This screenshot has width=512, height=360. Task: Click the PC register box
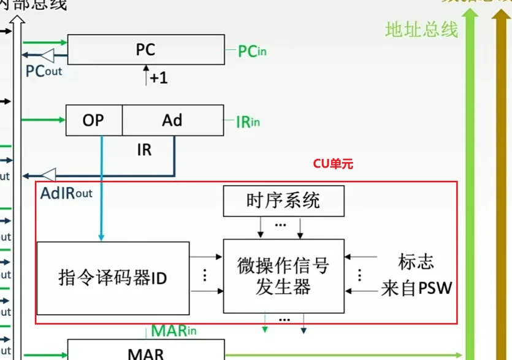click(x=146, y=49)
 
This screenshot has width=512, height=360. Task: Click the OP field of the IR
click(x=94, y=120)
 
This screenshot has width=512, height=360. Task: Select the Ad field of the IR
click(x=172, y=120)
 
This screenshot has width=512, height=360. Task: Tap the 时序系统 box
click(x=283, y=201)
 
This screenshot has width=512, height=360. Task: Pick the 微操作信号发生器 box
click(x=283, y=276)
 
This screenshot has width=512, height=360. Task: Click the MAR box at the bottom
click(x=146, y=353)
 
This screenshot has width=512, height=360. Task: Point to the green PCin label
click(x=252, y=51)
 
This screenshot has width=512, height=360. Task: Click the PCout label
click(x=44, y=71)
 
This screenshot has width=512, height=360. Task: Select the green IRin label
click(x=248, y=121)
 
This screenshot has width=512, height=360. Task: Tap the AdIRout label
click(x=66, y=193)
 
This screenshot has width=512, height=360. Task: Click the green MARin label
click(x=174, y=331)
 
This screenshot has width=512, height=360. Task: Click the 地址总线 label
click(x=422, y=29)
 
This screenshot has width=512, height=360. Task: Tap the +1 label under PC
click(x=158, y=78)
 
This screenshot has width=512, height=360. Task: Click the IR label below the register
click(x=144, y=150)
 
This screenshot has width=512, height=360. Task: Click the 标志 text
click(x=416, y=262)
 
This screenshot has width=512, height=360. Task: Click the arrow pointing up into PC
click(x=146, y=72)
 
